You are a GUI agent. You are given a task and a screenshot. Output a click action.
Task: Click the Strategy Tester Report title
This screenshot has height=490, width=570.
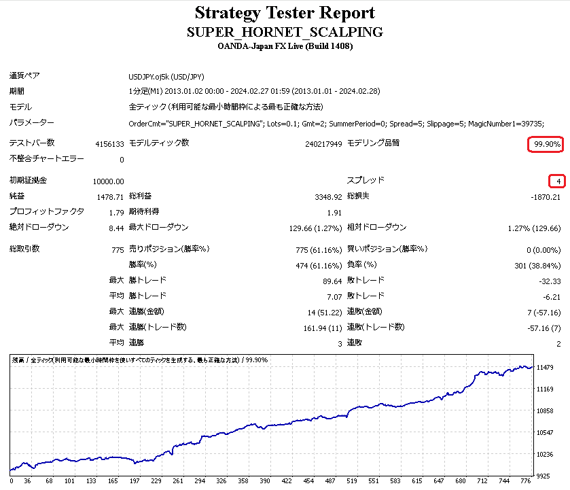tap(285, 13)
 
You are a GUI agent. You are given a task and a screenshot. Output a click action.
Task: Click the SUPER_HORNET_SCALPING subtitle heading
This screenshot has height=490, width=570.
tap(285, 32)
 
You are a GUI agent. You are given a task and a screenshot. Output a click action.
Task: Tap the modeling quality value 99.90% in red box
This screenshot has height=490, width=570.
tap(547, 144)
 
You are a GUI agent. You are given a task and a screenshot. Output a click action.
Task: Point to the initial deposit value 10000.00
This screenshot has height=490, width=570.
tap(109, 181)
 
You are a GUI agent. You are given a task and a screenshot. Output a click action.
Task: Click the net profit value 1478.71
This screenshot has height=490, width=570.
tap(111, 197)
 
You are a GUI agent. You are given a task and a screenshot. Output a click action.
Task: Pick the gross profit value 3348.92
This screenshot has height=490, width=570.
tap(328, 197)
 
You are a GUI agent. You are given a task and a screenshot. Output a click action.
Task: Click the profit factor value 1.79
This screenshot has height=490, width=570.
tap(116, 213)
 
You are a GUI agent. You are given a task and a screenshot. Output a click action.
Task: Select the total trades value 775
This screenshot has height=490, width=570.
tap(118, 249)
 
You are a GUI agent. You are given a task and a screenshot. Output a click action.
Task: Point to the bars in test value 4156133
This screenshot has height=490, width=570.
tap(109, 144)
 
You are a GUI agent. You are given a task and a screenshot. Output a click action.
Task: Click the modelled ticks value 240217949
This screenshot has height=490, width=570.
tap(323, 144)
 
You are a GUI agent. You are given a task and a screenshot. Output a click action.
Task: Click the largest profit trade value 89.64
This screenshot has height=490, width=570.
tap(332, 281)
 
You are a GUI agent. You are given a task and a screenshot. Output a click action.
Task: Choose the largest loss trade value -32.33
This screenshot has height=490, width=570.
tap(549, 281)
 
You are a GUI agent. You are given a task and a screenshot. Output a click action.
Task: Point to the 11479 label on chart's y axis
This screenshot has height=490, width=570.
tap(548, 368)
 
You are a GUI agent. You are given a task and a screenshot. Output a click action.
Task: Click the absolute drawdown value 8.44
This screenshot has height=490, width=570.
tap(116, 228)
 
